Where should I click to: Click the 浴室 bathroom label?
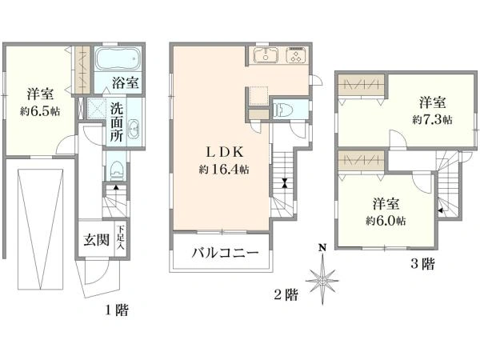point(126,83)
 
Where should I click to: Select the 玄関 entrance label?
point(97,240)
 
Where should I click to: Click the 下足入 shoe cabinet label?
point(121,238)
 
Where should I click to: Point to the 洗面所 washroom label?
point(117,122)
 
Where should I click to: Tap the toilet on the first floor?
point(116,171)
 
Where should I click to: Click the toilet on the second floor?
point(282,110)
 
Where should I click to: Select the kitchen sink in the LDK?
point(266,55)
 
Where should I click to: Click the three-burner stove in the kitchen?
point(296,55)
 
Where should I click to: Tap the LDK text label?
point(225,152)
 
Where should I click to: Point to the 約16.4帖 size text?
point(224,169)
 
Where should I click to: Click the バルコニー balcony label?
point(225,253)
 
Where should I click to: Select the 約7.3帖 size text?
point(432,119)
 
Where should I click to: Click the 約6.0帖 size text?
point(386,221)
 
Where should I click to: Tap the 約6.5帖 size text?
point(40,111)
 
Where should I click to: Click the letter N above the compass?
point(322,247)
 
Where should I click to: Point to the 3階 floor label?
point(422,263)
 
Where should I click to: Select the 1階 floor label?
point(117,310)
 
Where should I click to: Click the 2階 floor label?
point(286,294)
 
